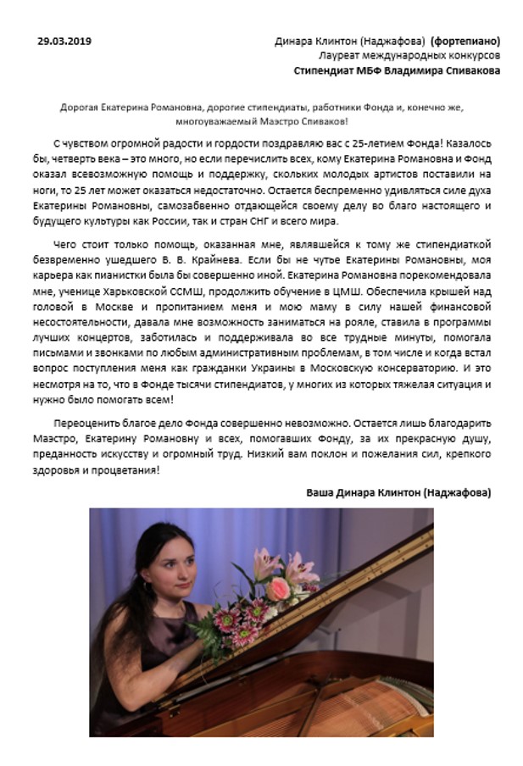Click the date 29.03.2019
[x=65, y=41]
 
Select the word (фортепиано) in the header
[x=464, y=41]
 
